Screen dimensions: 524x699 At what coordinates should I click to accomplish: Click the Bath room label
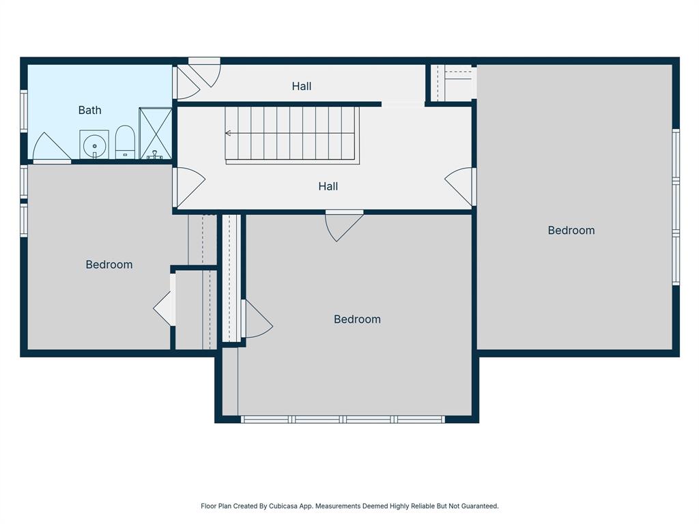pyautogui.click(x=89, y=110)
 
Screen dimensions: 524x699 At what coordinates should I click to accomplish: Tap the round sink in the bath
pyautogui.click(x=94, y=145)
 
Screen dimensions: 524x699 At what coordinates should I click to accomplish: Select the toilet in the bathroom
pyautogui.click(x=125, y=142)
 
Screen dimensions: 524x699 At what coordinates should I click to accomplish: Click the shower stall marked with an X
pyautogui.click(x=156, y=133)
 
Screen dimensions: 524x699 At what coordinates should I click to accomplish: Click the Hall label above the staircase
pyautogui.click(x=302, y=86)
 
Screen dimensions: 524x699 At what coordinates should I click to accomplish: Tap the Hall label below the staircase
pyautogui.click(x=328, y=186)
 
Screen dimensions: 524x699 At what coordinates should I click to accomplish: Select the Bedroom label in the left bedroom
pyautogui.click(x=109, y=265)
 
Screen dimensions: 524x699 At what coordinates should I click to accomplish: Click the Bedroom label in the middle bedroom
pyautogui.click(x=357, y=319)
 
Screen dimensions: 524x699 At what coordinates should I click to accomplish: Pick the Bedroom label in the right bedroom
pyautogui.click(x=571, y=231)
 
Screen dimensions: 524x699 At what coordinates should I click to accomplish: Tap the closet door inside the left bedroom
pyautogui.click(x=165, y=308)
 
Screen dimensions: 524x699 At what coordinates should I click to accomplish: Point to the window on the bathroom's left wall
pyautogui.click(x=24, y=111)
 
